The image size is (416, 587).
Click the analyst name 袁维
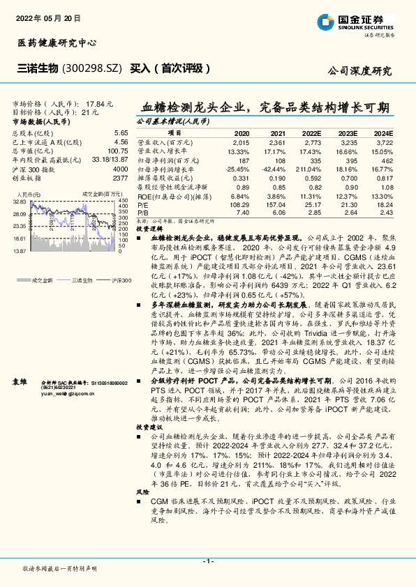click(x=20, y=363)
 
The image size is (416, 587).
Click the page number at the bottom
click(x=207, y=561)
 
